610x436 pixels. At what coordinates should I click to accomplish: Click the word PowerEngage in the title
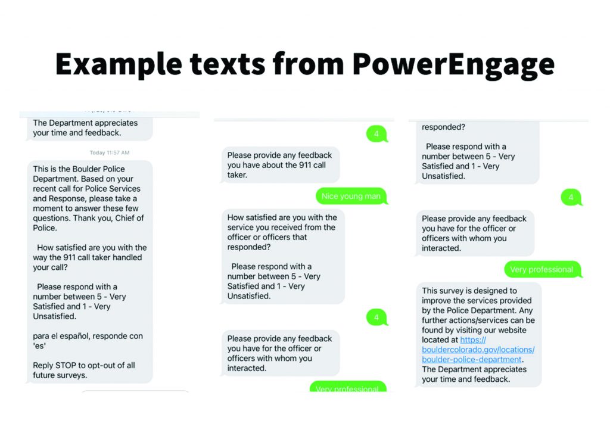[x=453, y=63]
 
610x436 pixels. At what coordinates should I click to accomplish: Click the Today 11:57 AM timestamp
[x=110, y=153]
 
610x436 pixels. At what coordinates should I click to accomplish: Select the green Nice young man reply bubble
[x=351, y=197]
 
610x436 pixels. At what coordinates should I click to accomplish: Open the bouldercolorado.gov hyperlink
[x=478, y=350]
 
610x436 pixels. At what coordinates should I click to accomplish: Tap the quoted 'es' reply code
[x=39, y=346]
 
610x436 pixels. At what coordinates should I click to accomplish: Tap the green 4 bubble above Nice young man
[x=376, y=134]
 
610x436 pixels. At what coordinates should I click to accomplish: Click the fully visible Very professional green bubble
[x=541, y=270]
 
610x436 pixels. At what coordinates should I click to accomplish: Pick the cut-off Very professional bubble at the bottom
[x=347, y=388]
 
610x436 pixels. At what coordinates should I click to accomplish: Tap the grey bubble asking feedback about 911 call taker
[x=281, y=165]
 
